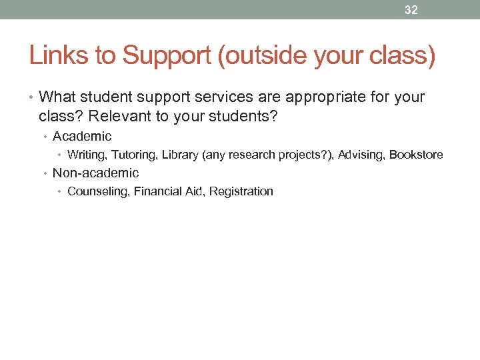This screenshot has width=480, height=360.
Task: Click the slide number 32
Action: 412,10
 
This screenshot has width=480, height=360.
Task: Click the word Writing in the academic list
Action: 87,155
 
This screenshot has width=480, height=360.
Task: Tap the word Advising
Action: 361,155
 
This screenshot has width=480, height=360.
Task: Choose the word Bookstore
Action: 416,155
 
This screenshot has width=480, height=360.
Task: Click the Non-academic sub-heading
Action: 95,173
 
